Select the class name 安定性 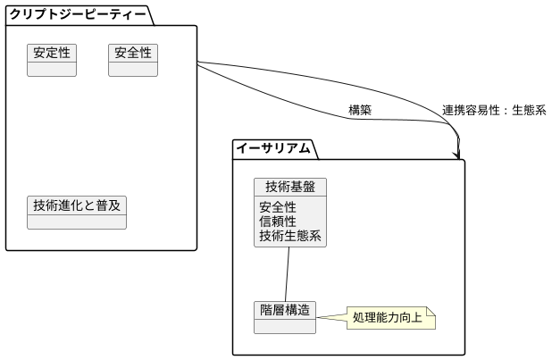point(52,53)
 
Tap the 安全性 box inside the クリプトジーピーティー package point(133,53)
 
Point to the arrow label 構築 point(360,110)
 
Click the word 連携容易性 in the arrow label point(473,110)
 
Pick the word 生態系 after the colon point(528,110)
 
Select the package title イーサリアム point(272,148)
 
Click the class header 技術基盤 point(290,187)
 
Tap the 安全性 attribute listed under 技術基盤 point(278,207)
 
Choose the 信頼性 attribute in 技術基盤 point(278,222)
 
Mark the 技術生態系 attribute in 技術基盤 point(290,236)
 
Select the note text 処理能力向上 point(387,317)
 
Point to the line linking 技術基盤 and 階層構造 point(288,274)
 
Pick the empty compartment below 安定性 point(52,70)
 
